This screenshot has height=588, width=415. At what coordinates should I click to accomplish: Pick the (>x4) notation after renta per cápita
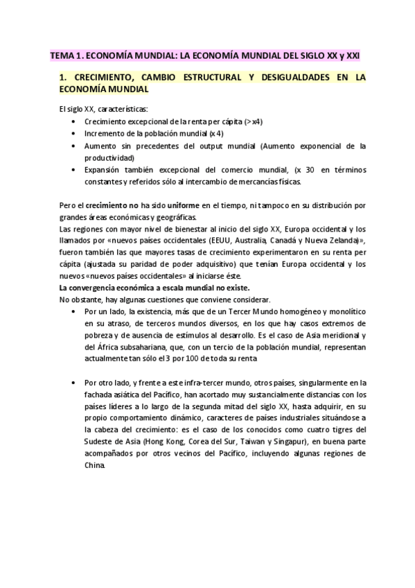click(253, 121)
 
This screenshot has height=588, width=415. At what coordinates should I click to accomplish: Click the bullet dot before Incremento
click(74, 134)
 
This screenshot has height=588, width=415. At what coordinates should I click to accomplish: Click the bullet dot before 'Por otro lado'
click(74, 383)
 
